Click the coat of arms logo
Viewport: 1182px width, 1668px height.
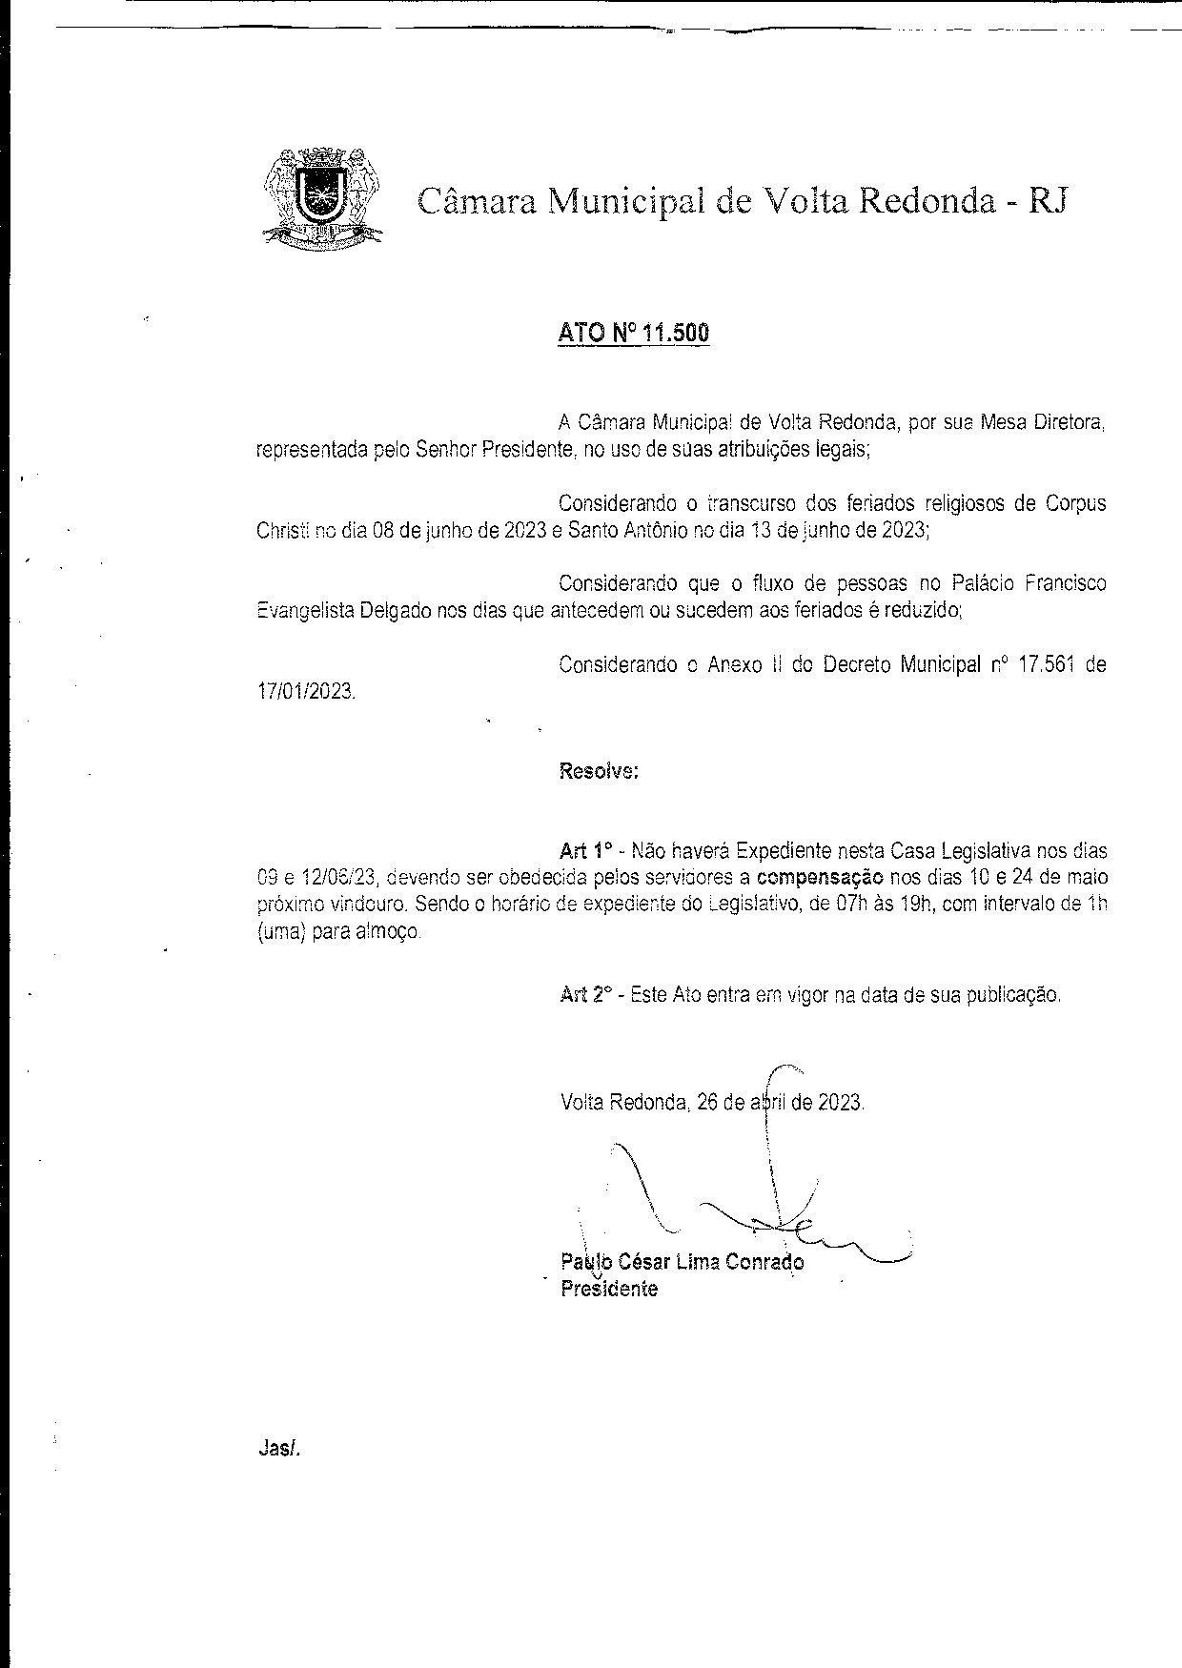pyautogui.click(x=320, y=197)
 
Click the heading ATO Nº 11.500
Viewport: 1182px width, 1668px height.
pyautogui.click(x=633, y=334)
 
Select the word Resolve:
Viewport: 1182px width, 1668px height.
pyautogui.click(x=598, y=771)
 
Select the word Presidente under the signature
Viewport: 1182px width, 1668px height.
pyautogui.click(x=609, y=1289)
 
